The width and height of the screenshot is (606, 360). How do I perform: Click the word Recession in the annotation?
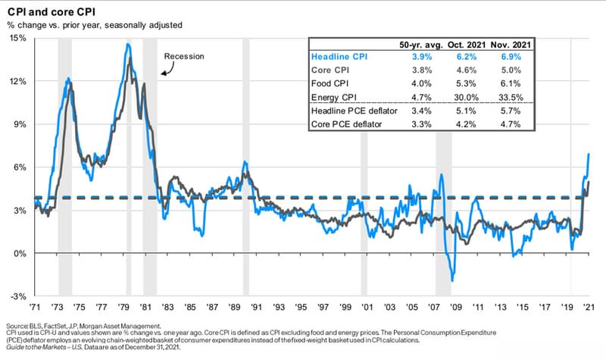pos(184,56)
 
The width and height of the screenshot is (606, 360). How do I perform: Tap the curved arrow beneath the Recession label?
pos(167,70)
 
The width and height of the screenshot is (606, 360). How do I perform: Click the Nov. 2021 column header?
pos(509,42)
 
